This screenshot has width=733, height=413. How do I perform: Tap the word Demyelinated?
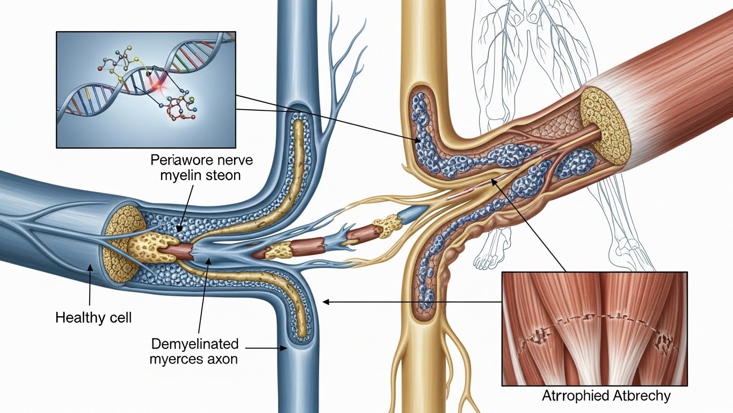coord(195,344)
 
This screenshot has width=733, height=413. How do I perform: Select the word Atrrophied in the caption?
coord(576,396)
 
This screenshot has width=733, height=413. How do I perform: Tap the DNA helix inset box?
coord(146,89)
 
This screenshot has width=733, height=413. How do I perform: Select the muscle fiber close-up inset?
coord(594,329)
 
